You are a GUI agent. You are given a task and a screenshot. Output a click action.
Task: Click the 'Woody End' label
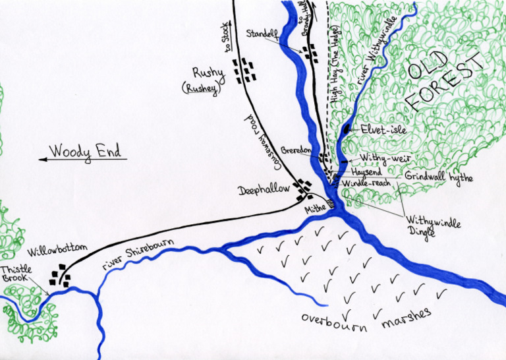pyautogui.click(x=86, y=152)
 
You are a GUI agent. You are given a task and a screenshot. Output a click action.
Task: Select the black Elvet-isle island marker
pyautogui.click(x=347, y=129)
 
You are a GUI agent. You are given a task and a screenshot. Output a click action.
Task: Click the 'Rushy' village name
pyautogui.click(x=208, y=73)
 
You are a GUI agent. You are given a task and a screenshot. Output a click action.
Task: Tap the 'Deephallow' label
pyautogui.click(x=264, y=189)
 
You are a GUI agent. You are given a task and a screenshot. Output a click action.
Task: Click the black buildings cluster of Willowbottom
pyautogui.click(x=61, y=275)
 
